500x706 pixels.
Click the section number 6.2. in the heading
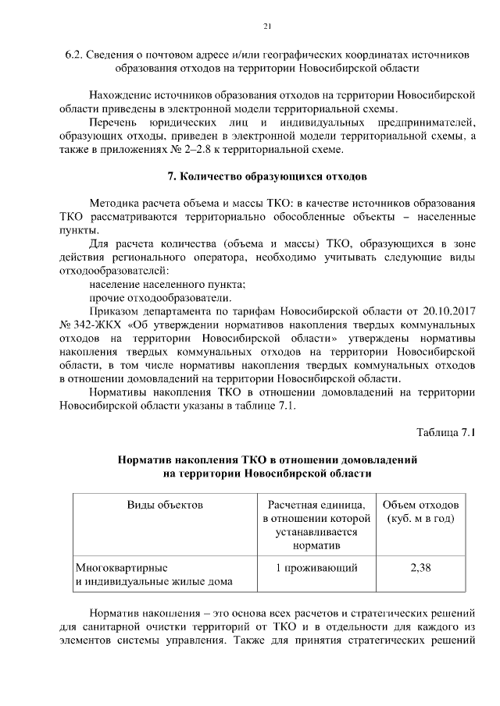(x=75, y=55)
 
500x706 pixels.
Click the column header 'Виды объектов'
(x=165, y=505)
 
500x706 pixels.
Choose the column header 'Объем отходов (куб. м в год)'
(x=420, y=512)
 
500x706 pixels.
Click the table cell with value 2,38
(x=420, y=567)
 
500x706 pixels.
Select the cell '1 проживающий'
(x=311, y=567)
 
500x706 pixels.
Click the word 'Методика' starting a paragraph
(x=116, y=201)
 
